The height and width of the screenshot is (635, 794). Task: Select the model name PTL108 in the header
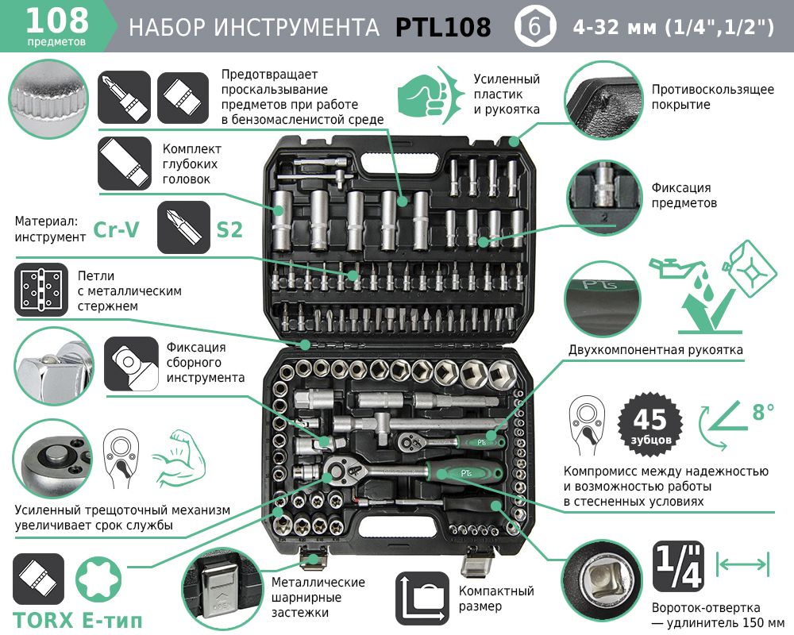(x=442, y=27)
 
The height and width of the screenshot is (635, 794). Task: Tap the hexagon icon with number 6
(x=534, y=26)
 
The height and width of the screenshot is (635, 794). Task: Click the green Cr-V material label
(x=116, y=229)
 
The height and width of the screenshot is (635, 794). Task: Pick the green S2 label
(x=229, y=230)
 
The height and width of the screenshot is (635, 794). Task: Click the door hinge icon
(x=41, y=290)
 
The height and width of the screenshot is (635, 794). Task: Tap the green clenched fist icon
(x=430, y=94)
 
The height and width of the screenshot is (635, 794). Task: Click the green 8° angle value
(x=763, y=412)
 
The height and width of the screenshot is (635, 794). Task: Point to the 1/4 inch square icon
(x=678, y=566)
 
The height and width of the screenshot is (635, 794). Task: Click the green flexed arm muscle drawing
(x=174, y=458)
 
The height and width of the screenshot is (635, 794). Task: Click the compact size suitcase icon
(x=422, y=598)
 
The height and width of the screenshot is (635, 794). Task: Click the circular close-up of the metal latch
(x=221, y=591)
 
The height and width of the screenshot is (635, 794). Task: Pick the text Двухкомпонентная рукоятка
(x=655, y=350)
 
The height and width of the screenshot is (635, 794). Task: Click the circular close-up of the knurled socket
(x=48, y=99)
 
